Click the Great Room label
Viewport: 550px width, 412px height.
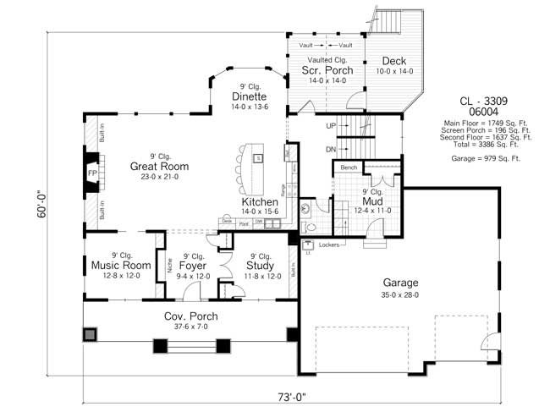tap(159, 167)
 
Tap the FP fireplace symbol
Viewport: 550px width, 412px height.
tap(92, 175)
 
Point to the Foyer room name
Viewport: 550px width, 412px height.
tap(193, 266)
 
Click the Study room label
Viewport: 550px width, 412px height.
tap(262, 266)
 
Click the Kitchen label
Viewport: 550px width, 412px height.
tap(261, 203)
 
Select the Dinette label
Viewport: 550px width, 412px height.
tap(250, 96)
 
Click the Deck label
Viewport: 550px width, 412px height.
tap(394, 61)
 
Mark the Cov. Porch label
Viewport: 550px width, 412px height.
tap(190, 316)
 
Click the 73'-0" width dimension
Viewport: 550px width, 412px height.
tap(274, 396)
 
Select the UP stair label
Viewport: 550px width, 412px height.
tap(333, 126)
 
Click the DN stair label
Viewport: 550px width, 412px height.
tap(333, 149)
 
